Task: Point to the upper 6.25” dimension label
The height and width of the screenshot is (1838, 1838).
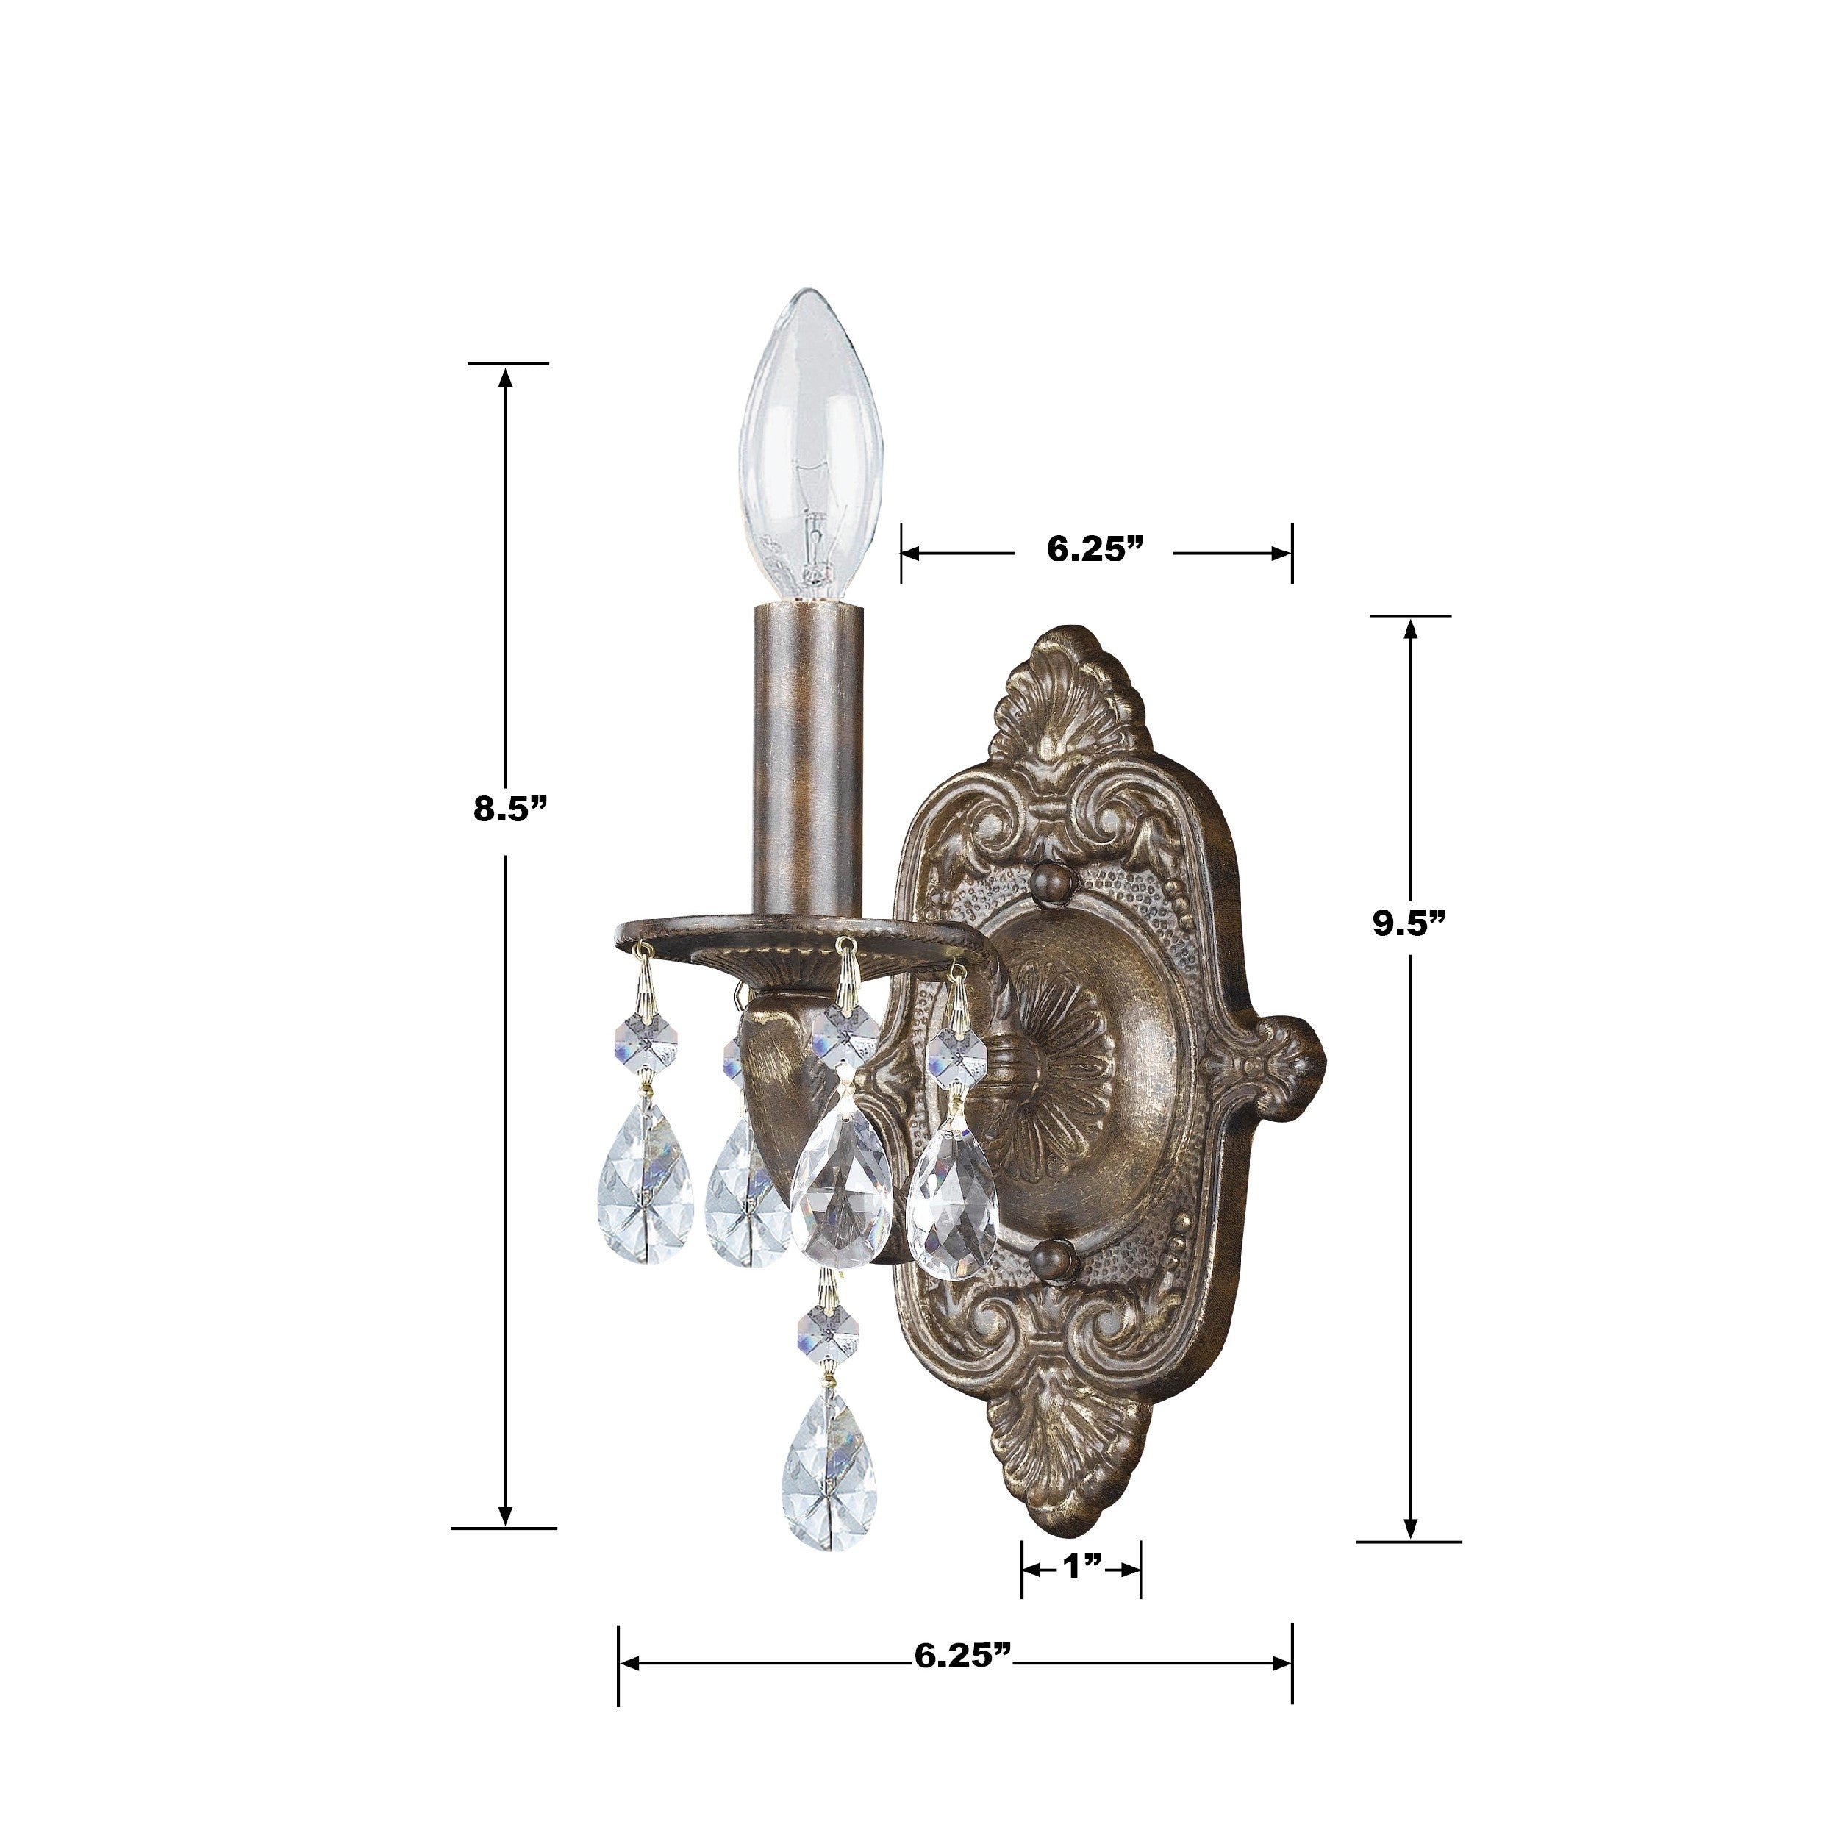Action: [x=1094, y=549]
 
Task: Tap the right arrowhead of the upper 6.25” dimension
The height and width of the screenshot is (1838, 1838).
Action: [x=1281, y=553]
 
